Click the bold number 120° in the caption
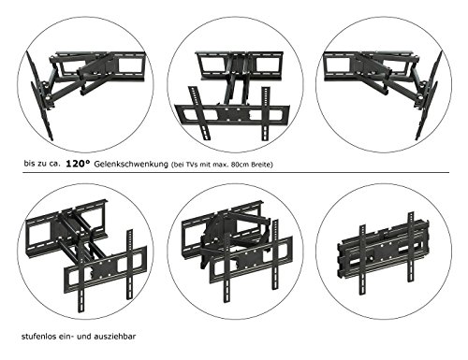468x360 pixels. click(x=78, y=164)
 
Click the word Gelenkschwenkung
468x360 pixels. click(x=131, y=165)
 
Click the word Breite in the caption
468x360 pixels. click(x=260, y=165)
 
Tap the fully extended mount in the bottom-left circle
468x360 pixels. click(x=86, y=255)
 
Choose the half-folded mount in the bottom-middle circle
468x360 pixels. click(x=237, y=252)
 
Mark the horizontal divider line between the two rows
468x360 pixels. click(x=236, y=172)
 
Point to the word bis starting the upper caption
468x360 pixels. click(x=29, y=164)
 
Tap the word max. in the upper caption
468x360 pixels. click(x=222, y=165)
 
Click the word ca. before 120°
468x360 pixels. click(x=53, y=164)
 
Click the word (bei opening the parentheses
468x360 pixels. click(x=176, y=165)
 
